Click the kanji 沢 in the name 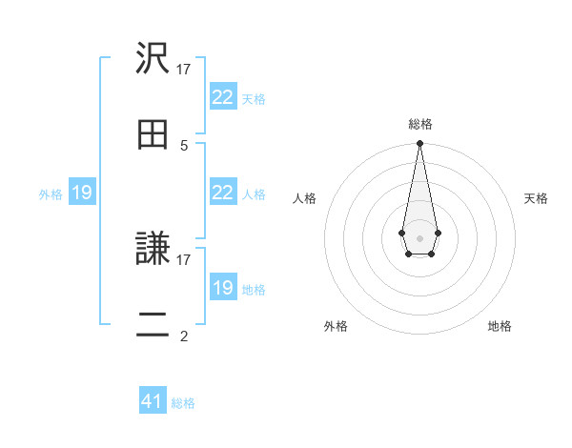[153, 59]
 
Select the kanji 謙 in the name [153, 249]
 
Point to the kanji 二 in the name [153, 324]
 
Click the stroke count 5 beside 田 [184, 145]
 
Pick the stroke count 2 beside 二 [184, 336]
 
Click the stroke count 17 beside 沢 [184, 69]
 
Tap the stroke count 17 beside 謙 [184, 259]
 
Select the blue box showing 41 [153, 401]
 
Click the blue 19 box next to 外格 [81, 193]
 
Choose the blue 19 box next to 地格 [222, 288]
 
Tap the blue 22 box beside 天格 [222, 97]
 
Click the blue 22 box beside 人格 [222, 193]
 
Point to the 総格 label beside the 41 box [183, 403]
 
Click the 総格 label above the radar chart [419, 124]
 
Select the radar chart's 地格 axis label [500, 326]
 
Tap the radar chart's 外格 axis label [336, 326]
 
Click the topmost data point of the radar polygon [419, 144]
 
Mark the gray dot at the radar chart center [419, 236]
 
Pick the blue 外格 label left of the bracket [51, 194]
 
